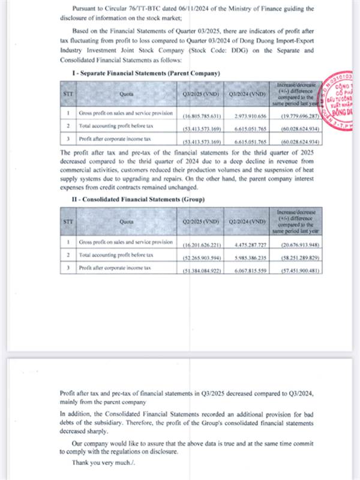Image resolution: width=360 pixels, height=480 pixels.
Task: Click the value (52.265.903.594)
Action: point(201,256)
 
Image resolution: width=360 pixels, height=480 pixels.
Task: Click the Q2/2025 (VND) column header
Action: point(201,221)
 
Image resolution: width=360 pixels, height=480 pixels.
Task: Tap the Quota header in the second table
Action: point(127,221)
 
